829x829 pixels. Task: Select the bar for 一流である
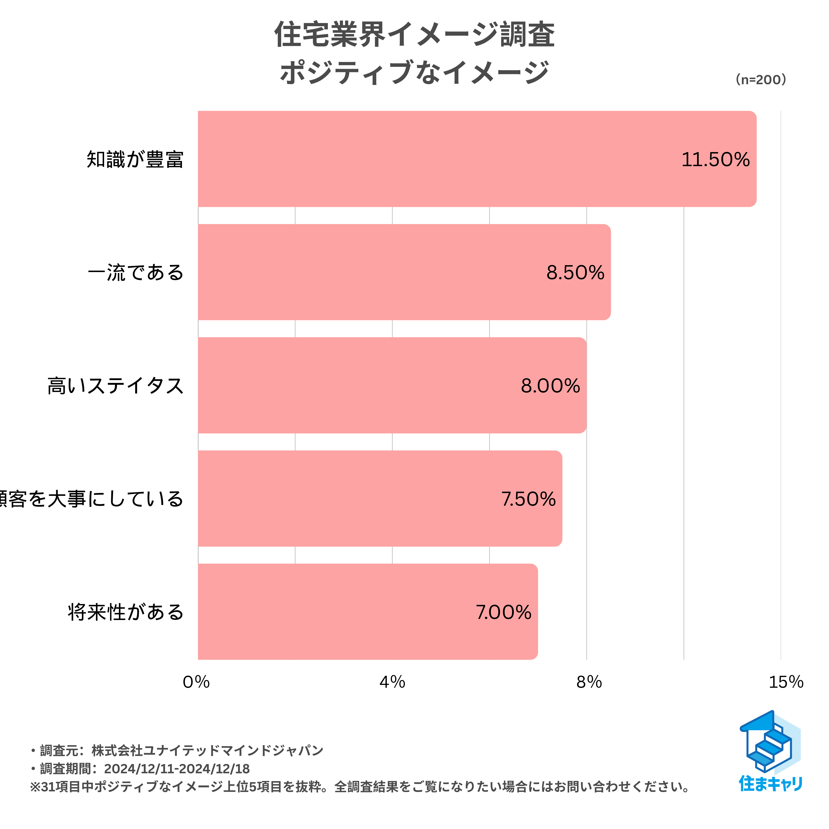403,272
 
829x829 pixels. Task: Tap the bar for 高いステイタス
391,385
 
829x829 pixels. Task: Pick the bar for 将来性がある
367,612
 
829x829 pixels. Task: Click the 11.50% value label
715,160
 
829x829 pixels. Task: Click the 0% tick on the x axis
196,682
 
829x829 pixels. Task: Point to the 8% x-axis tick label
589,682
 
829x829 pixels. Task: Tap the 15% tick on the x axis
786,682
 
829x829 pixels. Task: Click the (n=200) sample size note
761,80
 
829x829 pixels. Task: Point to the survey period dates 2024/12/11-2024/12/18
177,768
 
